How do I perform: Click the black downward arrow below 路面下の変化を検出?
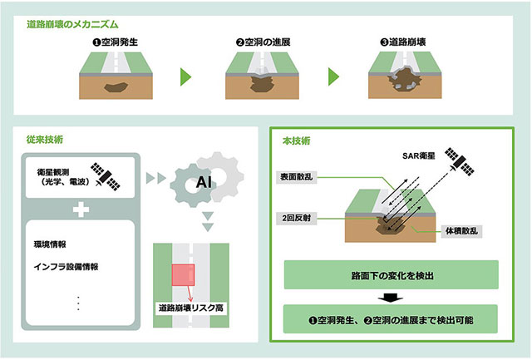pyautogui.click(x=392, y=297)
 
